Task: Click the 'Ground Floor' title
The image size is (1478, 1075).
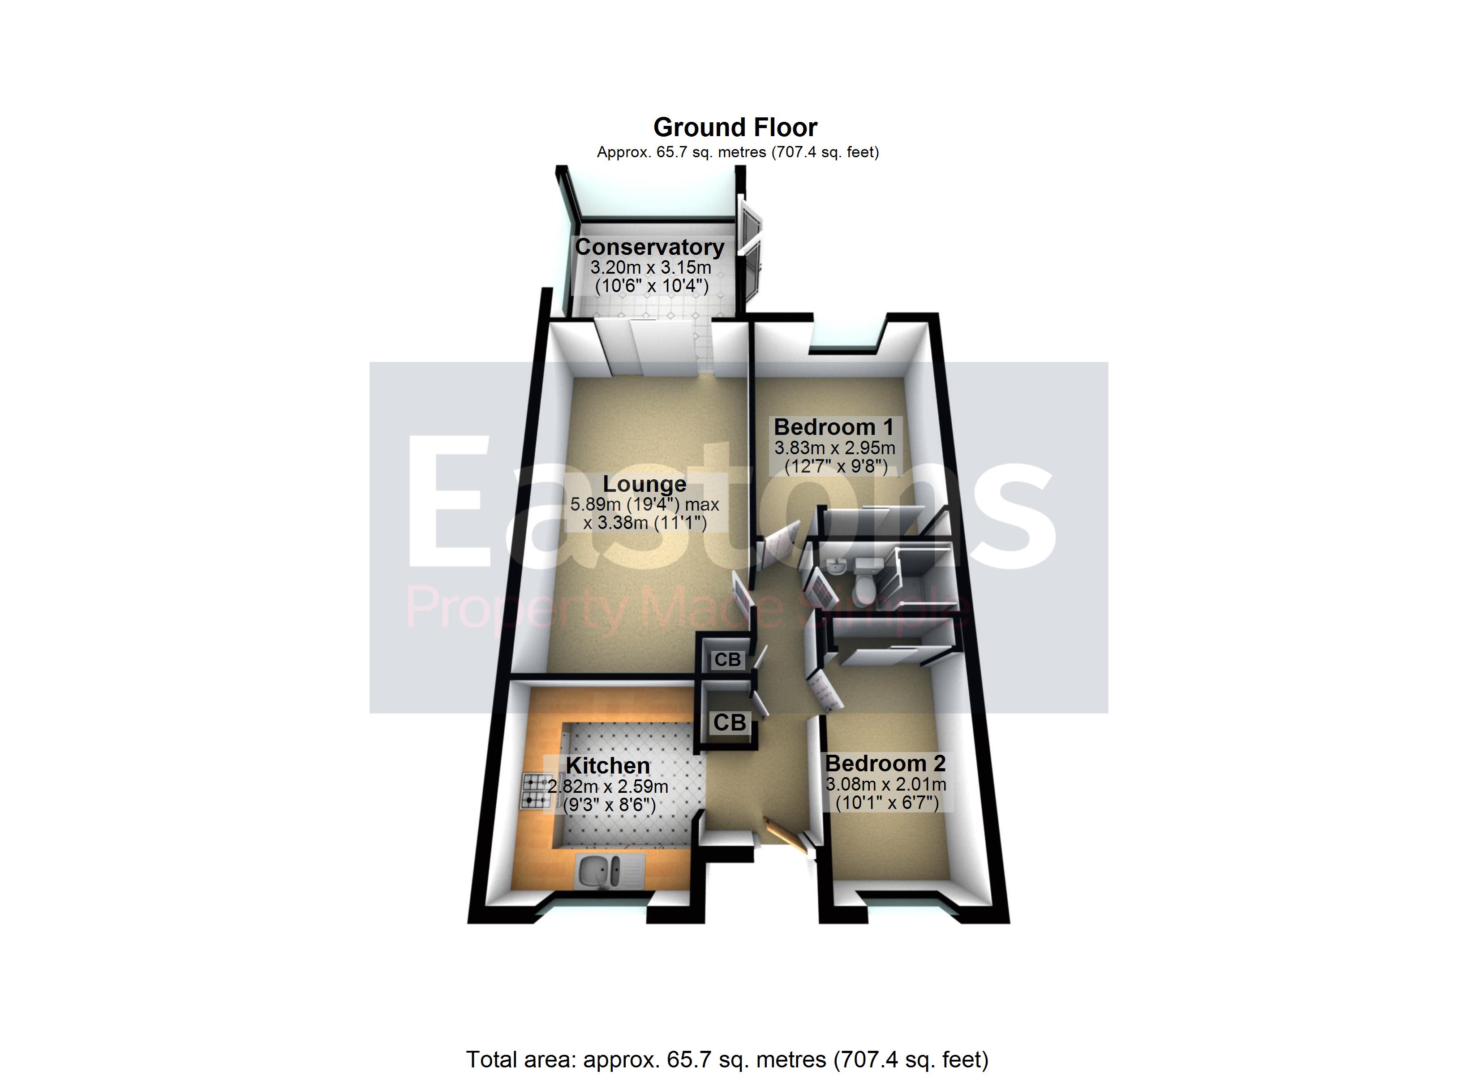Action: pyautogui.click(x=735, y=127)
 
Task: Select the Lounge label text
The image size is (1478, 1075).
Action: pyautogui.click(x=644, y=484)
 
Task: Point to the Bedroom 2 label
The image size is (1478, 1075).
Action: pyautogui.click(x=885, y=763)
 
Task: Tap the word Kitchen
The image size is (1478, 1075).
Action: pyautogui.click(x=607, y=765)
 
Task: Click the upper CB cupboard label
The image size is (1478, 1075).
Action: pyautogui.click(x=727, y=660)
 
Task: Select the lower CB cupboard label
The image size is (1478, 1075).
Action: pyautogui.click(x=729, y=722)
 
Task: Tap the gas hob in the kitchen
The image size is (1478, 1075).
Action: pyautogui.click(x=536, y=790)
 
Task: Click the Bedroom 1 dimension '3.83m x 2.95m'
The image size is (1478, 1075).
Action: pyautogui.click(x=834, y=448)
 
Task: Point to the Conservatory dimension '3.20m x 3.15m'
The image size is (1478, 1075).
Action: pyautogui.click(x=650, y=267)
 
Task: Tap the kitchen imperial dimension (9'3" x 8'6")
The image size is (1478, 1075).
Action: pyautogui.click(x=609, y=805)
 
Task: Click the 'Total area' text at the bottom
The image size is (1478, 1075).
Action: pyautogui.click(x=726, y=1059)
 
